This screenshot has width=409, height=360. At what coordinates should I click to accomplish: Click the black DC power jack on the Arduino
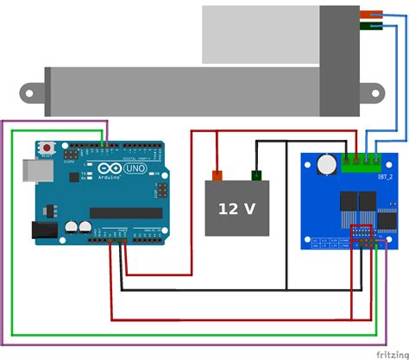(x=44, y=230)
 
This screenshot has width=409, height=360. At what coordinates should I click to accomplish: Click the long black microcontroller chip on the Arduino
(x=125, y=212)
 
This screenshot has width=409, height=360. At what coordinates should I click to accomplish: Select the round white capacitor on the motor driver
(x=326, y=163)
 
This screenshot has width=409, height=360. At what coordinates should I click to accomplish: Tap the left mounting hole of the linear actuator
(x=33, y=90)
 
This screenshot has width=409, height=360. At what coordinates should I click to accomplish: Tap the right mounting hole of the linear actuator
(x=376, y=90)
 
